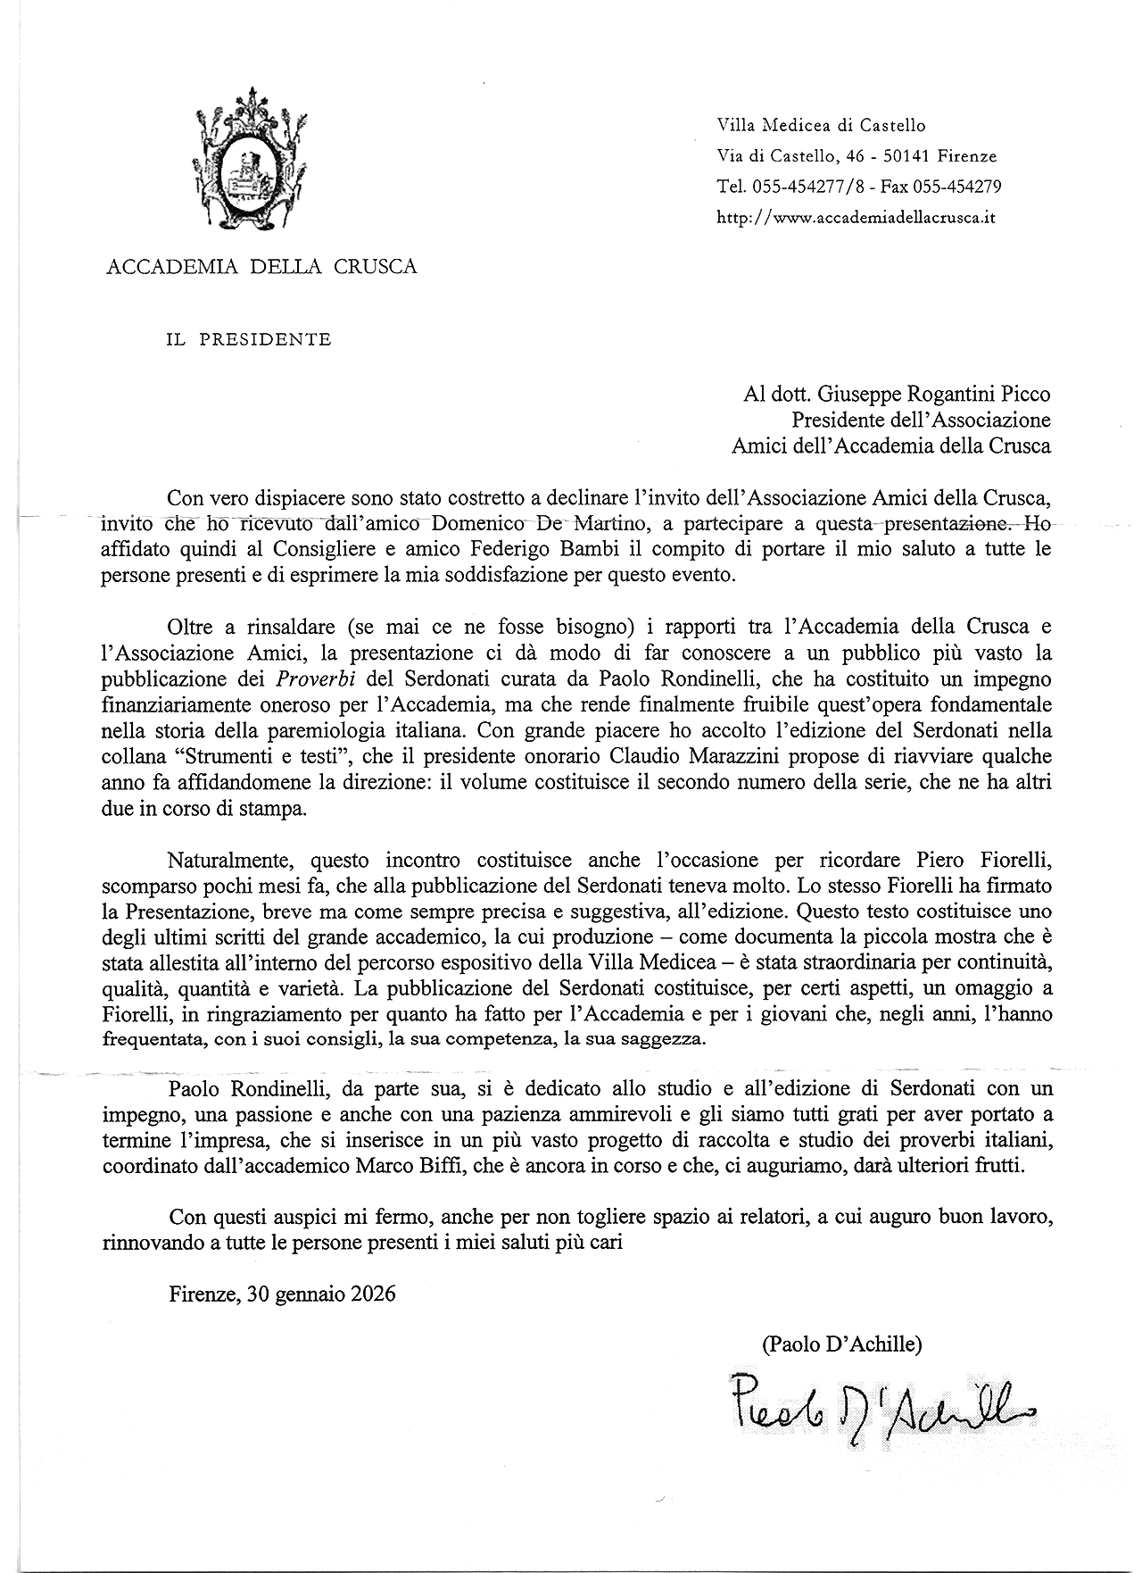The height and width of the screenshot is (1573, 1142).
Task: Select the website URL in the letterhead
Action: click(x=856, y=217)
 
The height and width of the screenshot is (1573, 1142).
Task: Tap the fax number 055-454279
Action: click(x=956, y=187)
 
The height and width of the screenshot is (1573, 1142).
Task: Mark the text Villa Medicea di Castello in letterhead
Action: click(x=821, y=126)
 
